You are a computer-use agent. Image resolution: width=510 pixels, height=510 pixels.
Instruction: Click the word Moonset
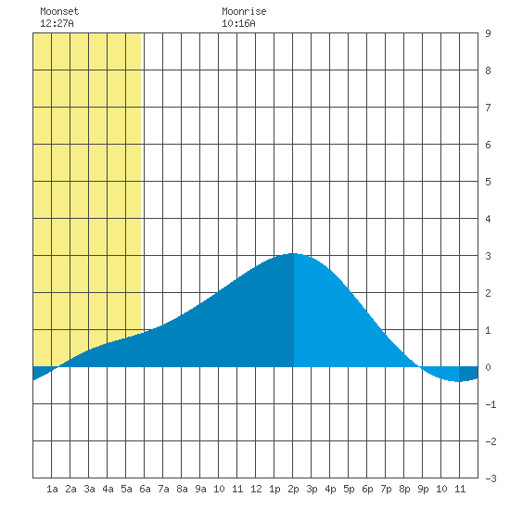59,11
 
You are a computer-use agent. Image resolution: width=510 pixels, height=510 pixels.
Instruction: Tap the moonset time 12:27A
57,23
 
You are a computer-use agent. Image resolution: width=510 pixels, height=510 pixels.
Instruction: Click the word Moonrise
244,11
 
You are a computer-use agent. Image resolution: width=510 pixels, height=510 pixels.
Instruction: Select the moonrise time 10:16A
238,23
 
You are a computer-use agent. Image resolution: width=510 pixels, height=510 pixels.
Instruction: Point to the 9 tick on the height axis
488,33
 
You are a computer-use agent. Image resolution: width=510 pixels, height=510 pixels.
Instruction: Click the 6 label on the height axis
488,145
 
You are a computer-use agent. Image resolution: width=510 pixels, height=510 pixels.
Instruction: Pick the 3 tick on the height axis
488,256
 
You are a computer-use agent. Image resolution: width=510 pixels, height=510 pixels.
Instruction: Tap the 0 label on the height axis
488,367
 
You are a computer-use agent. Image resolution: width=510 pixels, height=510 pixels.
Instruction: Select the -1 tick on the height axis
491,404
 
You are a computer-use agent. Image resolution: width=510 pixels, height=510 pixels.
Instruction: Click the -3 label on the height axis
491,478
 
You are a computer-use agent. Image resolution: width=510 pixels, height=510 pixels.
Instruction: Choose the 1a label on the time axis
52,489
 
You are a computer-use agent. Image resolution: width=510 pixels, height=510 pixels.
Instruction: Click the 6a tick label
145,489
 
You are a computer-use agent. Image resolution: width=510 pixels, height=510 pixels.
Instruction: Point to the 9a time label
200,489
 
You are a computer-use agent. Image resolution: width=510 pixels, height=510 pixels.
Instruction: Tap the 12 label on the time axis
256,489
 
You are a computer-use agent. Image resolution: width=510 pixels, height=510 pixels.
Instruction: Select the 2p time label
293,489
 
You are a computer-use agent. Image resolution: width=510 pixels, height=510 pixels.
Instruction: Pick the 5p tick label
349,489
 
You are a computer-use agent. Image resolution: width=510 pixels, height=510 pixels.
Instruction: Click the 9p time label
423,489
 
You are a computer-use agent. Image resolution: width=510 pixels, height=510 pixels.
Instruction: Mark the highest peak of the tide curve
293,253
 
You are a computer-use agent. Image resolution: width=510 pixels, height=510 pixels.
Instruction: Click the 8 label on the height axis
488,70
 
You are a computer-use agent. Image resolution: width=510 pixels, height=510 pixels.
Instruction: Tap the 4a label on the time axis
108,489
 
